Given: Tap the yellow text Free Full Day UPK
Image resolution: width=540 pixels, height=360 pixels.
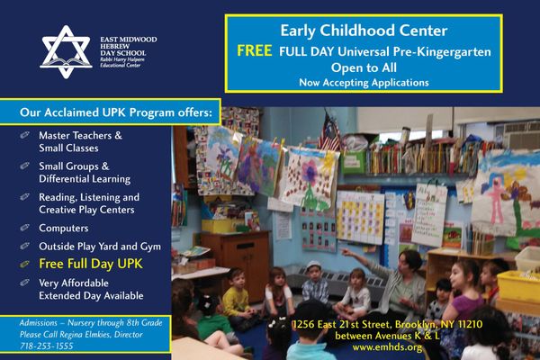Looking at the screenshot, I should click(x=90, y=264).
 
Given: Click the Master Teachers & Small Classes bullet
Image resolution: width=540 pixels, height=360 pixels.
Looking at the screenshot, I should click(x=81, y=141).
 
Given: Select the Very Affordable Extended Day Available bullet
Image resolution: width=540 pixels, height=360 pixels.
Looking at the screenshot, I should click(x=91, y=288).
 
